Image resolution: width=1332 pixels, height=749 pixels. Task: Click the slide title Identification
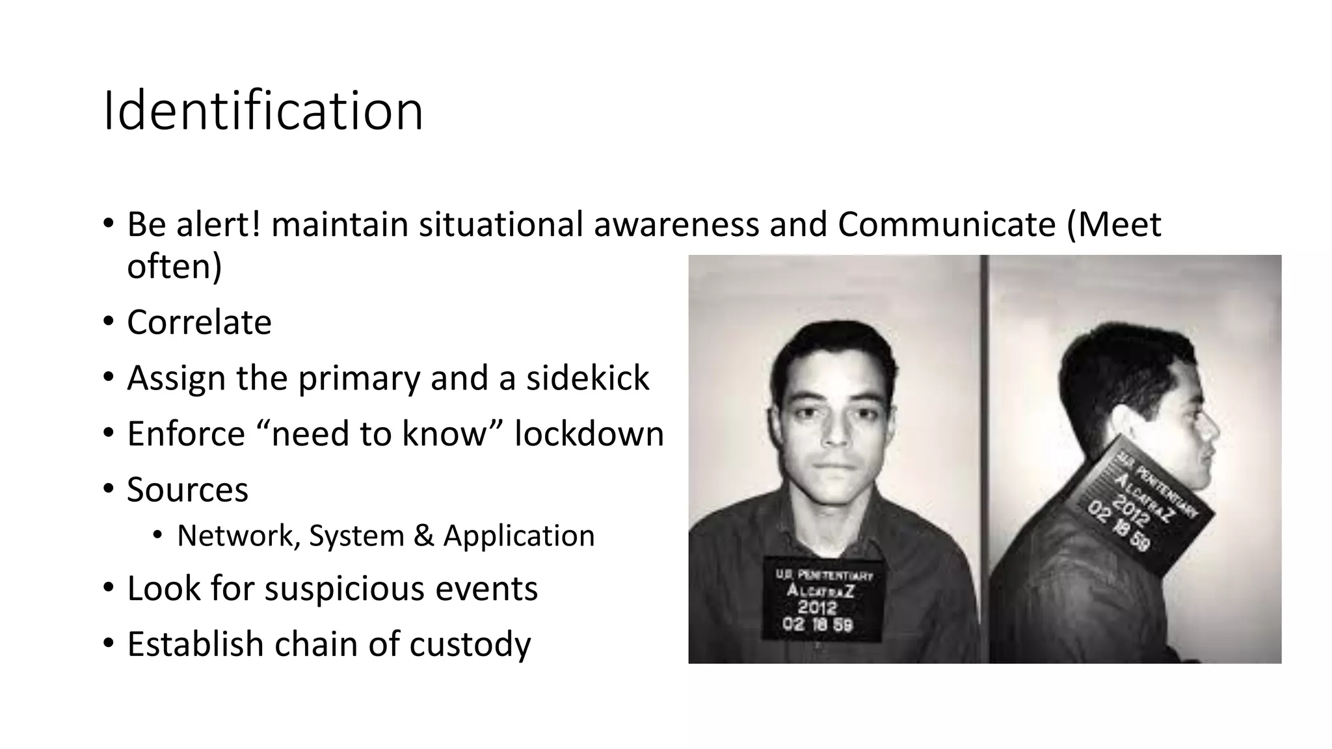263,111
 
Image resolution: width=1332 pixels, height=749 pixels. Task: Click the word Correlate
199,322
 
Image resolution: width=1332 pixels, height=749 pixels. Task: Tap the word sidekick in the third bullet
587,378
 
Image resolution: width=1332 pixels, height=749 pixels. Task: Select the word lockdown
589,434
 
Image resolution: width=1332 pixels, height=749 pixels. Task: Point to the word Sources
187,490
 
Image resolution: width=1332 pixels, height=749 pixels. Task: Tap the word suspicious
345,589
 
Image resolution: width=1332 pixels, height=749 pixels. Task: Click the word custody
470,644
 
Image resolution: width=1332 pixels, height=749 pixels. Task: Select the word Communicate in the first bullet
946,225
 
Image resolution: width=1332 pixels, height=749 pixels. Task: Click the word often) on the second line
174,267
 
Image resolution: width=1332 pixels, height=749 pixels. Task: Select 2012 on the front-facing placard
817,608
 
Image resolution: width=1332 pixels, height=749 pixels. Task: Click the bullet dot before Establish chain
108,644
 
